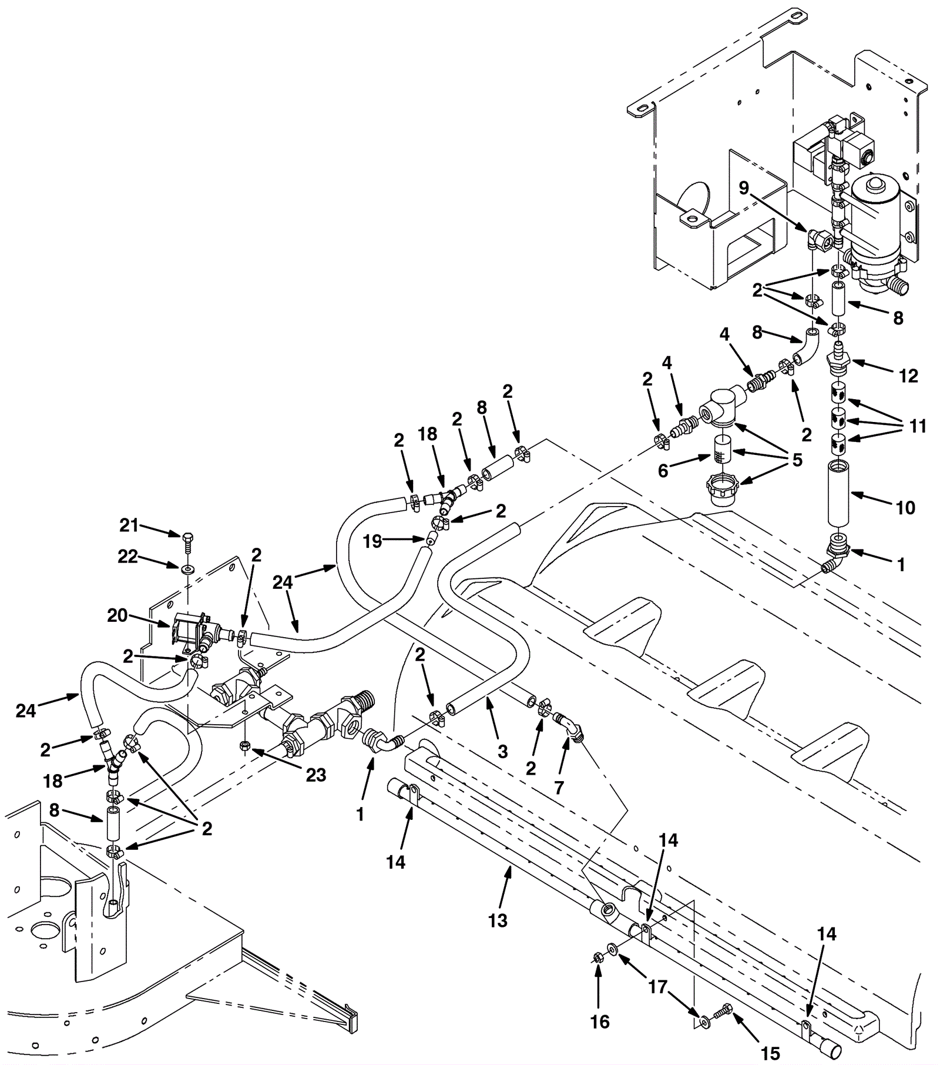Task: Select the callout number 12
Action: pos(908,376)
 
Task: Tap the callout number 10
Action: pos(905,507)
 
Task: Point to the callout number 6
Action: pos(663,471)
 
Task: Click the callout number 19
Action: pos(372,541)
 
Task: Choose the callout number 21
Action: pos(129,525)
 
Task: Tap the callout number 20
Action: pos(117,615)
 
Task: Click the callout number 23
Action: pos(315,775)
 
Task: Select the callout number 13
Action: pos(498,920)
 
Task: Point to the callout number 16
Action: pos(600,1022)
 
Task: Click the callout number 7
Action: pos(559,787)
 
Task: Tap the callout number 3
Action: pos(502,751)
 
